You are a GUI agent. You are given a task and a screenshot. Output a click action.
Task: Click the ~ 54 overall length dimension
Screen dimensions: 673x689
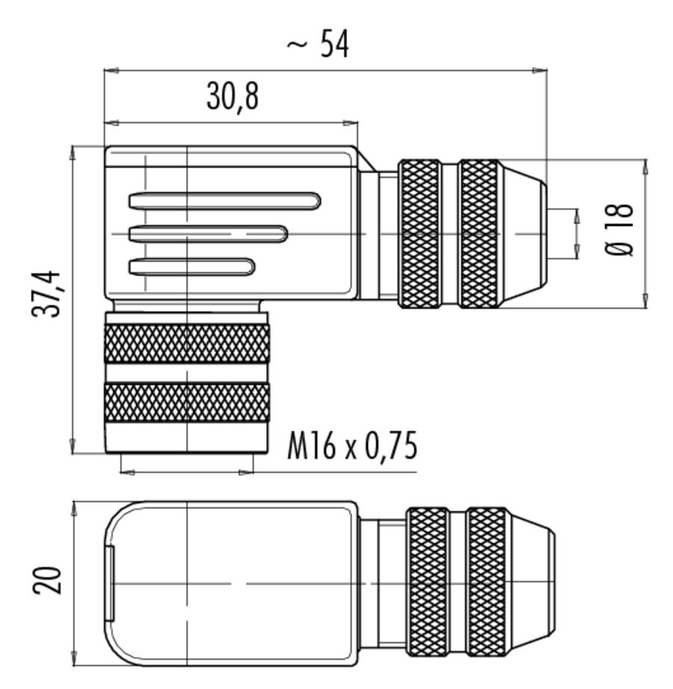tap(318, 43)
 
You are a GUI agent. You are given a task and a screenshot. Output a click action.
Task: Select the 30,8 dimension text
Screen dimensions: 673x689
tap(233, 97)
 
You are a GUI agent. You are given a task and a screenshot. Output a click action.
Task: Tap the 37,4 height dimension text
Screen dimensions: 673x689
tap(46, 294)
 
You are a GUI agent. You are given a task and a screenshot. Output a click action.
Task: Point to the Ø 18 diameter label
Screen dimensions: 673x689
tap(620, 229)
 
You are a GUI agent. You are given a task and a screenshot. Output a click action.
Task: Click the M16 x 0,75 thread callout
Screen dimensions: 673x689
tap(352, 446)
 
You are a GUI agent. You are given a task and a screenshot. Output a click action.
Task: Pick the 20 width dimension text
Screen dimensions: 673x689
tap(46, 581)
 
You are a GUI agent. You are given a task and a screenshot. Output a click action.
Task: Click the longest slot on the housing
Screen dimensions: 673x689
tap(224, 201)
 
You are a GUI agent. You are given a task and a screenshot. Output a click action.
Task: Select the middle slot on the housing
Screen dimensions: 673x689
tap(208, 234)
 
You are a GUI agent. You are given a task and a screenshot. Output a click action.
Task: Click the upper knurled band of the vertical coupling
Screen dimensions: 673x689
tap(187, 344)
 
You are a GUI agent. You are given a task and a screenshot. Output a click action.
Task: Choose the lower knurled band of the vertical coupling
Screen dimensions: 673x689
tap(187, 403)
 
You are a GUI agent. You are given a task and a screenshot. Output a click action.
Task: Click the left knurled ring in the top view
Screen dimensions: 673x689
tap(419, 234)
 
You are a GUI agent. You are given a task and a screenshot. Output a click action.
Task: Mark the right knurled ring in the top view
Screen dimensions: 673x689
tap(479, 234)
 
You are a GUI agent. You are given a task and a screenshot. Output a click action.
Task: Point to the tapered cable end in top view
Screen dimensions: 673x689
tap(524, 234)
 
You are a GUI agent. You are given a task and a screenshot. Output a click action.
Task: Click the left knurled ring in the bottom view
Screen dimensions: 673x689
tap(427, 582)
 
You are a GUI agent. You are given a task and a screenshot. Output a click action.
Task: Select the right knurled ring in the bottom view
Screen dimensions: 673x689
tap(487, 582)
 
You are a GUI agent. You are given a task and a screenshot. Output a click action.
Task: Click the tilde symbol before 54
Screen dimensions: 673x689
tap(297, 44)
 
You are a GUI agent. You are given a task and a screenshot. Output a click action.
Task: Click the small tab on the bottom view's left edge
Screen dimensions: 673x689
tap(110, 583)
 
